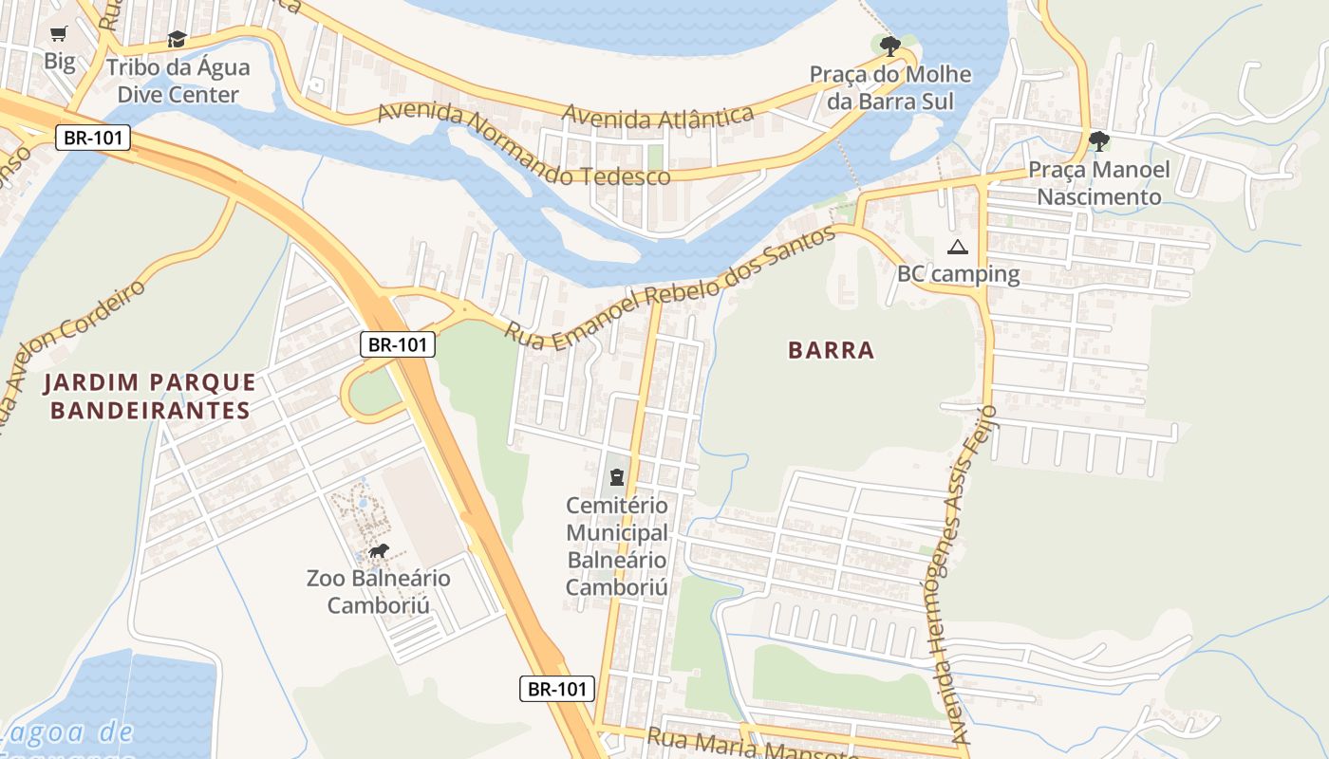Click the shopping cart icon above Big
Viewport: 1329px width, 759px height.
[58, 34]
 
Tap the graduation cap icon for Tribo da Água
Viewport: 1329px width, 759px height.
[177, 39]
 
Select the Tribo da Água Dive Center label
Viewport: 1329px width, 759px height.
[178, 82]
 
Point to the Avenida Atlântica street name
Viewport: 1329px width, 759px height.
[658, 117]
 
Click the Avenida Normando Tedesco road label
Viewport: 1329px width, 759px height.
[523, 147]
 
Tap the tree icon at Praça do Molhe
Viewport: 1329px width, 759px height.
[889, 46]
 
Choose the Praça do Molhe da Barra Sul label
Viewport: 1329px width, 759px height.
[890, 88]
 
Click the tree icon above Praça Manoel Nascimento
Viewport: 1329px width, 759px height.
[1099, 141]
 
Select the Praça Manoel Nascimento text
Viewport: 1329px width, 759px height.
[1099, 184]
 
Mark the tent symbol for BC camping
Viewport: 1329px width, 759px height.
[957, 248]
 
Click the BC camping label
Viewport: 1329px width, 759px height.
[958, 275]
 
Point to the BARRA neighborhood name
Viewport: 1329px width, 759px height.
[831, 350]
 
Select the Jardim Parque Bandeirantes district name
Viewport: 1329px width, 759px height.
[150, 397]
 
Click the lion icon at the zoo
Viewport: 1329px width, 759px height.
[378, 551]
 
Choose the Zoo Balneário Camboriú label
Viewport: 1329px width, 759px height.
[378, 592]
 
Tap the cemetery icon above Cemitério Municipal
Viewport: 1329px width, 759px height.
[617, 475]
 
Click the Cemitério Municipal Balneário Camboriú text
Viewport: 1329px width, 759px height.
[617, 546]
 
